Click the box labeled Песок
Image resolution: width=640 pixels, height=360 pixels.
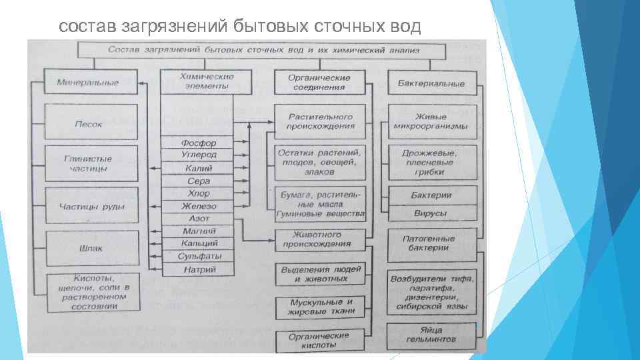(x=89, y=123)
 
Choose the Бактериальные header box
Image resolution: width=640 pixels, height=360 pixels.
(x=431, y=83)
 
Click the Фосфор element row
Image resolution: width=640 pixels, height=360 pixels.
(x=198, y=143)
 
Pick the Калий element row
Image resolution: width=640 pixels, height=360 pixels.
(x=198, y=168)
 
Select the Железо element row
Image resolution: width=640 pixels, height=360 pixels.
(x=198, y=206)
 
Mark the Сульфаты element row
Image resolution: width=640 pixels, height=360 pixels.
(x=198, y=256)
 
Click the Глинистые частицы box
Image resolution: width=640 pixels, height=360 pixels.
(x=89, y=164)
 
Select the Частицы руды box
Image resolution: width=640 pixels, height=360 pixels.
(x=91, y=207)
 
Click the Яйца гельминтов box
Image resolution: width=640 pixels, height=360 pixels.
(x=431, y=335)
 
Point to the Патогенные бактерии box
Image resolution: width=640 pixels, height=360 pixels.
(x=431, y=243)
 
